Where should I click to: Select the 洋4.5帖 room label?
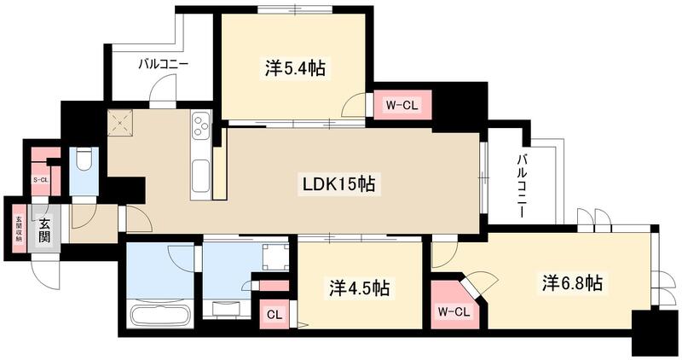click(x=359, y=288)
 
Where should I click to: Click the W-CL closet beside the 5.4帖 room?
click(x=402, y=106)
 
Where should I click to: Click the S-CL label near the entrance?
click(x=40, y=180)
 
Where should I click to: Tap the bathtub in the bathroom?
click(x=159, y=316)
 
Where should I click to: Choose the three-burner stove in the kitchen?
click(x=202, y=128)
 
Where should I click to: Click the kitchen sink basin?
click(x=199, y=175)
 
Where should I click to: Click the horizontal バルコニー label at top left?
click(x=164, y=64)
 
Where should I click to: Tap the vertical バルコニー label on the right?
click(x=520, y=183)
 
